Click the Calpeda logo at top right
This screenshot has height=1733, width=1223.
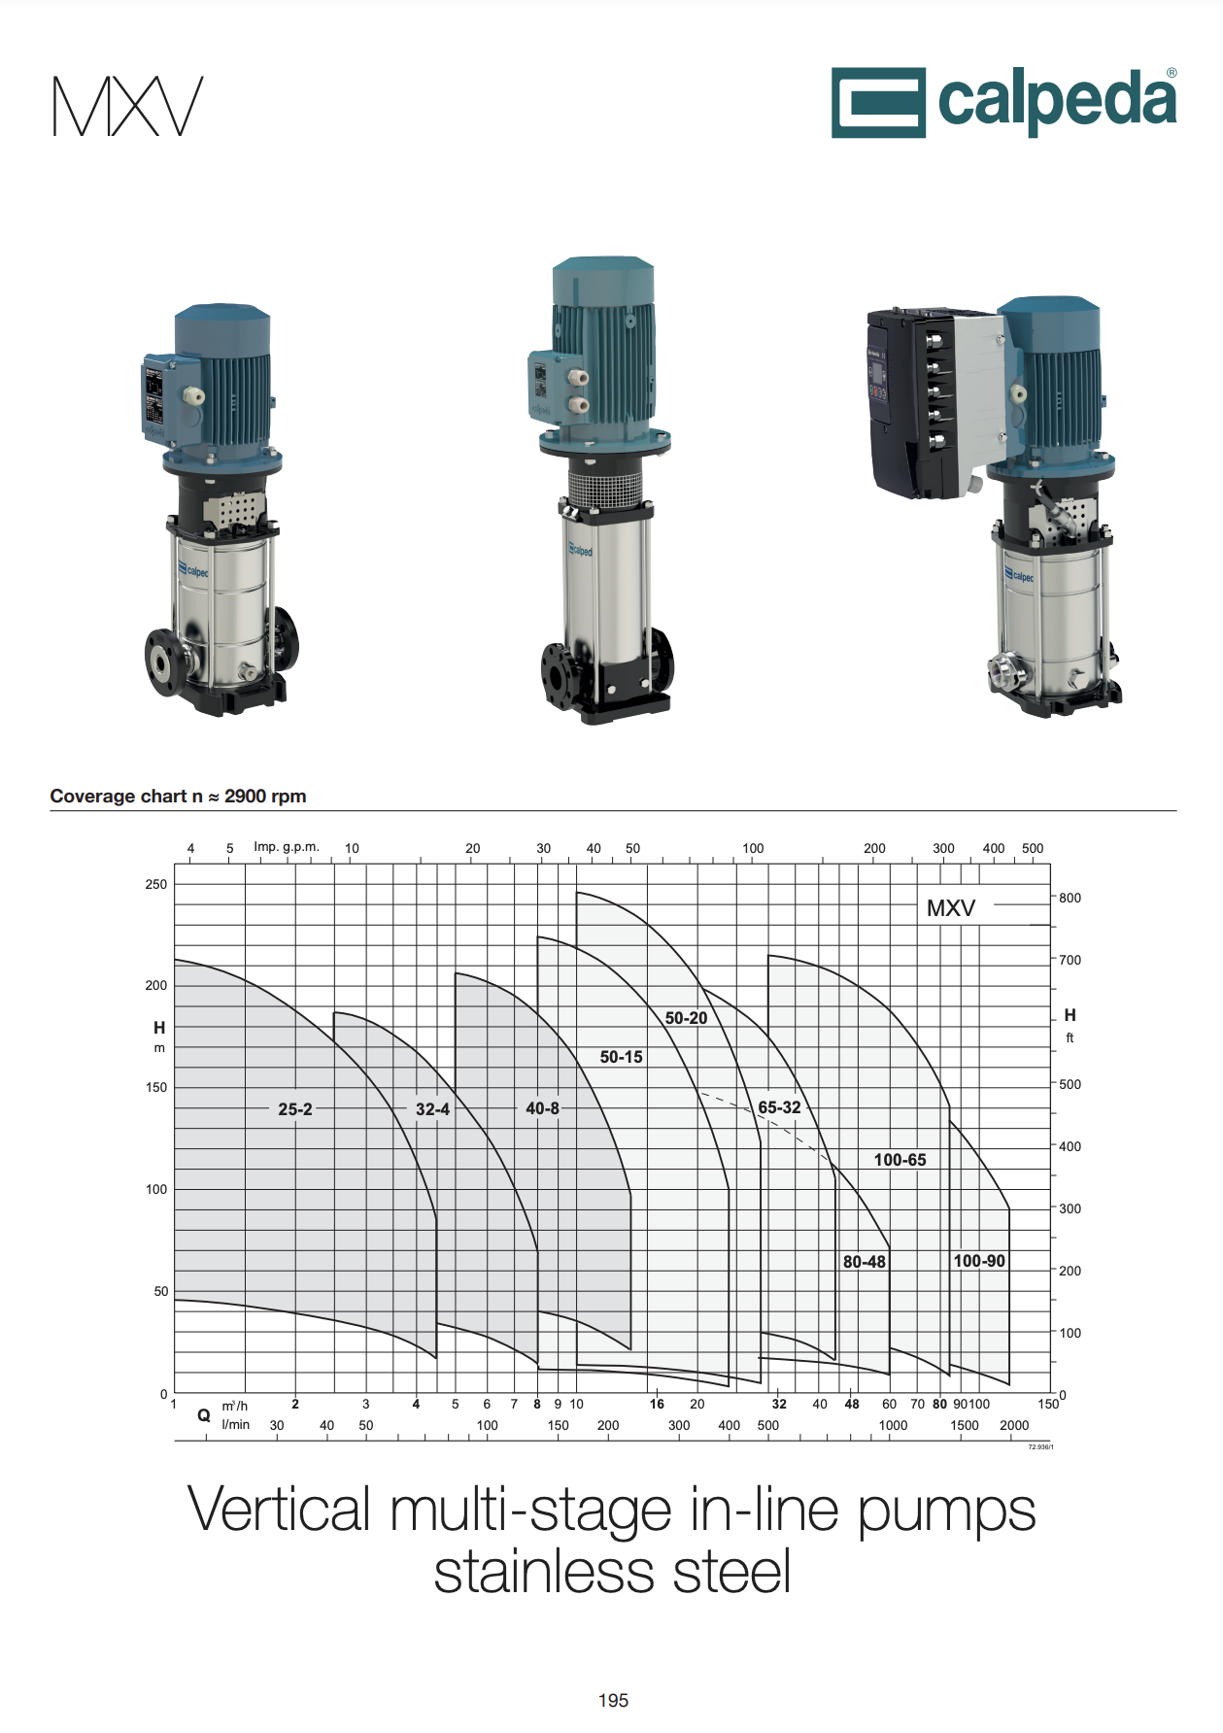(1003, 102)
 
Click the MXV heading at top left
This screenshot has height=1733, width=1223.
(128, 106)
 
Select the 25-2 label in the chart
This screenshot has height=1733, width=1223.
(295, 1108)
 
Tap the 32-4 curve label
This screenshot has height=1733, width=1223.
(432, 1108)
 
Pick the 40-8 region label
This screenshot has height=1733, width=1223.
(542, 1107)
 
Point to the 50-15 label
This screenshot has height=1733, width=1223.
(621, 1056)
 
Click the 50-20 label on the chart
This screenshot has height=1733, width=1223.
(686, 1017)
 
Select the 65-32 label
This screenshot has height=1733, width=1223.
(779, 1106)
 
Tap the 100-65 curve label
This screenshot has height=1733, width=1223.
(900, 1159)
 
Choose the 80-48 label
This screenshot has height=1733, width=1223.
(864, 1261)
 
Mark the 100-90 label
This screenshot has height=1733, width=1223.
(978, 1260)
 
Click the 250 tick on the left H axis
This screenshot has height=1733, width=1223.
(155, 884)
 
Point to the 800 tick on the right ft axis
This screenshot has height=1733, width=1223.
(1070, 898)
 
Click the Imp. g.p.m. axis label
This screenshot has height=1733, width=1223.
(287, 846)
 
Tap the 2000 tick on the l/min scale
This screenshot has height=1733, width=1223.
(1014, 1425)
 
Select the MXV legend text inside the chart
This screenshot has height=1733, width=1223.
(950, 907)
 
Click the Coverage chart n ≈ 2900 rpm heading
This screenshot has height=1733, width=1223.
(178, 796)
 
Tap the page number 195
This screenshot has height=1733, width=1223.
(613, 1700)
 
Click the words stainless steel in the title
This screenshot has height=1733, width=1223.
(612, 1573)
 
